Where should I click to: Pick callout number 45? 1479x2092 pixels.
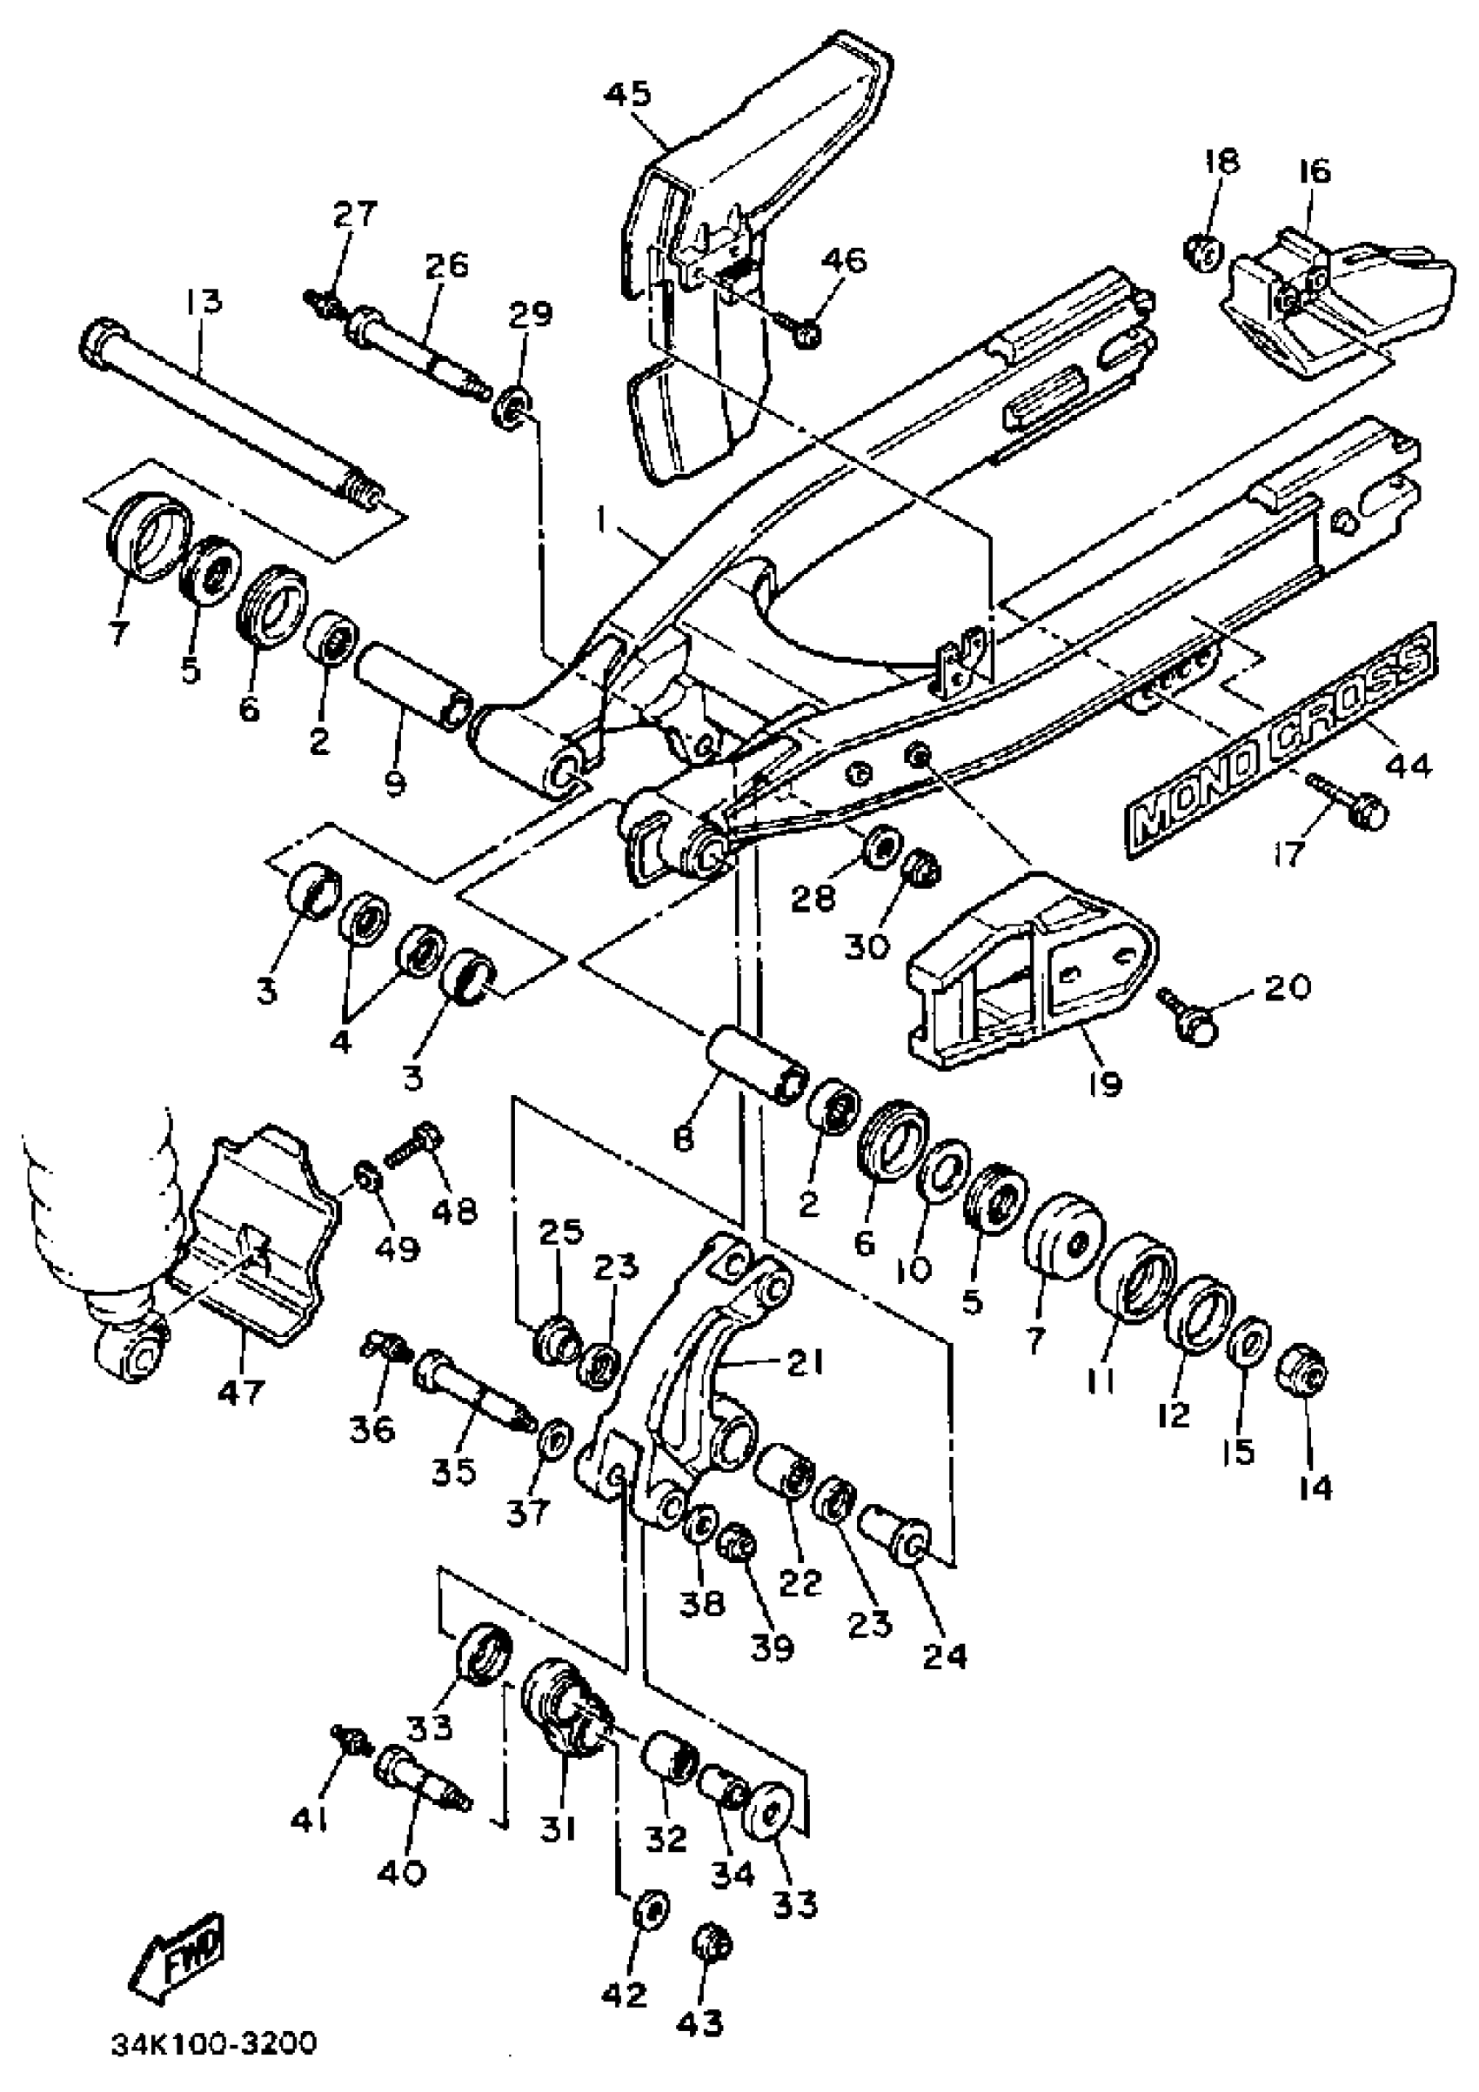(629, 94)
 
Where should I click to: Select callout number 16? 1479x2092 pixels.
(1316, 171)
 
